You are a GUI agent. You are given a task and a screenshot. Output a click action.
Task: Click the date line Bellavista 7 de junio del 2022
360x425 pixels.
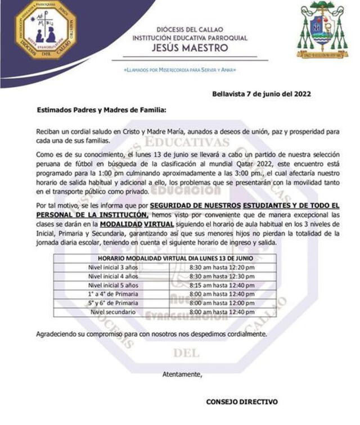tap(262, 94)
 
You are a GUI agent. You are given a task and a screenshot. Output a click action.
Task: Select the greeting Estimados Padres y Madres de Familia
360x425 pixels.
tap(101, 111)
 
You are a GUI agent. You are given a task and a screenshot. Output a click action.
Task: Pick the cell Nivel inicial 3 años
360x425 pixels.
tap(113, 267)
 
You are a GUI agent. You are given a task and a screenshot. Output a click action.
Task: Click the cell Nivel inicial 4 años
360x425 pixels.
tap(113, 276)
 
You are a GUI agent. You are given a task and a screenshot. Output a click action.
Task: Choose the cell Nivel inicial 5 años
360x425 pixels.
tap(113, 285)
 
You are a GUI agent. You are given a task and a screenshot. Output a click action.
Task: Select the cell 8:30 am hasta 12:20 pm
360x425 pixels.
tap(222, 267)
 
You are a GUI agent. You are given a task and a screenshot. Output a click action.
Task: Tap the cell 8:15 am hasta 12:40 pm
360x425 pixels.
tap(222, 285)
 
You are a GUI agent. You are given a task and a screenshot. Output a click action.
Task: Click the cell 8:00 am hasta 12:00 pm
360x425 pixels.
tap(222, 303)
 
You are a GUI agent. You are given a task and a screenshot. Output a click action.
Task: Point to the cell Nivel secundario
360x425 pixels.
tap(113, 311)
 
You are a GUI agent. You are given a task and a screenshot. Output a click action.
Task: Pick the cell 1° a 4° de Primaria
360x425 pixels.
tap(113, 294)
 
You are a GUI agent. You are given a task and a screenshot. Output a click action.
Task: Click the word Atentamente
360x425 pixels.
tap(182, 373)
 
